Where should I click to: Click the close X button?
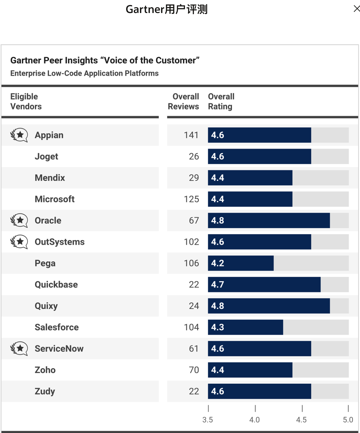click(356, 9)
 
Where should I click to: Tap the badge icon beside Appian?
click(19, 135)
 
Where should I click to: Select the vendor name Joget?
click(46, 157)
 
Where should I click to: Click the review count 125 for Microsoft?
click(191, 199)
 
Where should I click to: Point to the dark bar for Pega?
click(241, 263)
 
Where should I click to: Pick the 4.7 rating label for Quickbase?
click(218, 285)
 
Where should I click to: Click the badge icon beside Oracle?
click(19, 220)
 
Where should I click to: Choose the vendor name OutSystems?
click(60, 242)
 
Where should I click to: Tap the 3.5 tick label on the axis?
click(208, 420)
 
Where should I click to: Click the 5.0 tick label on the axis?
click(348, 420)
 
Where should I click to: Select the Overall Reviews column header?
click(184, 102)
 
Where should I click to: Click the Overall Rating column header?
click(221, 102)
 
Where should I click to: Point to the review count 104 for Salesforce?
click(191, 327)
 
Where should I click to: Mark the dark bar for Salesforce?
click(245, 327)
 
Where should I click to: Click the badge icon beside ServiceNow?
click(19, 348)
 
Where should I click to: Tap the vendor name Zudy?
click(45, 391)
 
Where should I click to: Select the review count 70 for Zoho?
click(194, 370)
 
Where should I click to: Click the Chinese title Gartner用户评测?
click(166, 9)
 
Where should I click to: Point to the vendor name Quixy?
click(46, 306)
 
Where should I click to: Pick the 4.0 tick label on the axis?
click(254, 420)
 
